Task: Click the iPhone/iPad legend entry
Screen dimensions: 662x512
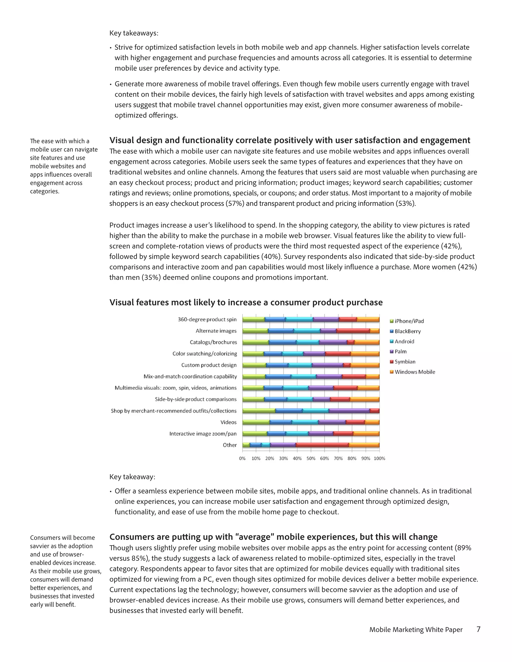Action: coord(408,321)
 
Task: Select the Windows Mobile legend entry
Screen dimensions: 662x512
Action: coord(414,372)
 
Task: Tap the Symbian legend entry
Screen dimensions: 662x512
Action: coord(405,362)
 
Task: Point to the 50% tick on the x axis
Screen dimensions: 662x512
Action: coord(311,458)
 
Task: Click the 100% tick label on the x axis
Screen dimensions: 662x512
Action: coord(379,458)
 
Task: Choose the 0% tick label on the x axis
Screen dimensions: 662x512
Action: coord(242,458)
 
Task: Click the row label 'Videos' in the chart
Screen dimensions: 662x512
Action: coord(228,422)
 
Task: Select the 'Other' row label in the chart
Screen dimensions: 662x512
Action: coord(229,445)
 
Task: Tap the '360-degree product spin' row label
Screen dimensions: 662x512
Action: coord(207,320)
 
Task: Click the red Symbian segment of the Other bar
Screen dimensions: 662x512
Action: coord(322,445)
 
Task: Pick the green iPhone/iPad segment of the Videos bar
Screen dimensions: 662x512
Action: coord(256,422)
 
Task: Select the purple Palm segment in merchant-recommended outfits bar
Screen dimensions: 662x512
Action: coord(349,411)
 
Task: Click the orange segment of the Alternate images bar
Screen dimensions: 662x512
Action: coord(374,331)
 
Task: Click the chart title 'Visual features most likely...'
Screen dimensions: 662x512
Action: coord(246,303)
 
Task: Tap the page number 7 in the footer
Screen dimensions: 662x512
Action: coord(478,629)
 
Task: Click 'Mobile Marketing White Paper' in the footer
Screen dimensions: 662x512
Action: coord(415,630)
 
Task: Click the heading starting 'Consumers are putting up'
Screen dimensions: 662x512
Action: coord(273,537)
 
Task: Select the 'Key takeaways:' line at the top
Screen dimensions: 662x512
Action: coord(134,33)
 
